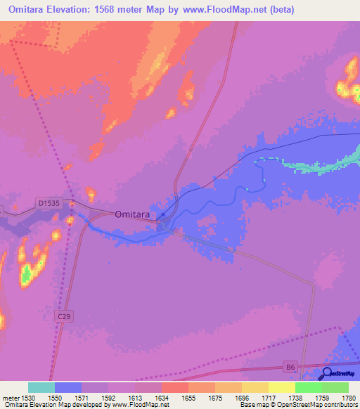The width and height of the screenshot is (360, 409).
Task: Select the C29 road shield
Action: [64, 317]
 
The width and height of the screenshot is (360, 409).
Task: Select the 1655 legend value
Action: [188, 398]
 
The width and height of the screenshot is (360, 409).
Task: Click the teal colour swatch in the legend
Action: [41, 387]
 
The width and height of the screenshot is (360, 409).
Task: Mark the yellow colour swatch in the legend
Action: [281, 387]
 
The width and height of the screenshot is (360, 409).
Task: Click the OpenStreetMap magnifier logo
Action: [327, 373]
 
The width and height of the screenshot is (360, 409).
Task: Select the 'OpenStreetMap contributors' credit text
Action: [319, 405]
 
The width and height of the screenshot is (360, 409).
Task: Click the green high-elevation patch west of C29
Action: [26, 275]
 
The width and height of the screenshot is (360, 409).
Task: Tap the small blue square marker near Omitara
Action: [163, 214]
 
